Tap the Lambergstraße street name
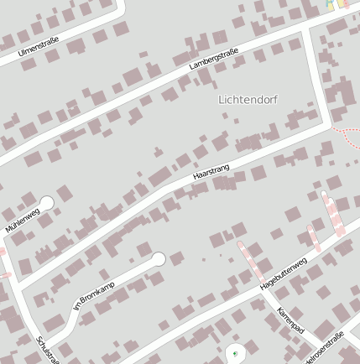[213, 59]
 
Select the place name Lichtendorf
[248, 99]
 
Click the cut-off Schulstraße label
[48, 351]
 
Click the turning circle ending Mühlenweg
[46, 202]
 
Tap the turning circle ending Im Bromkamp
[158, 259]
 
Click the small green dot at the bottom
[236, 353]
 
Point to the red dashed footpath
[346, 132]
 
